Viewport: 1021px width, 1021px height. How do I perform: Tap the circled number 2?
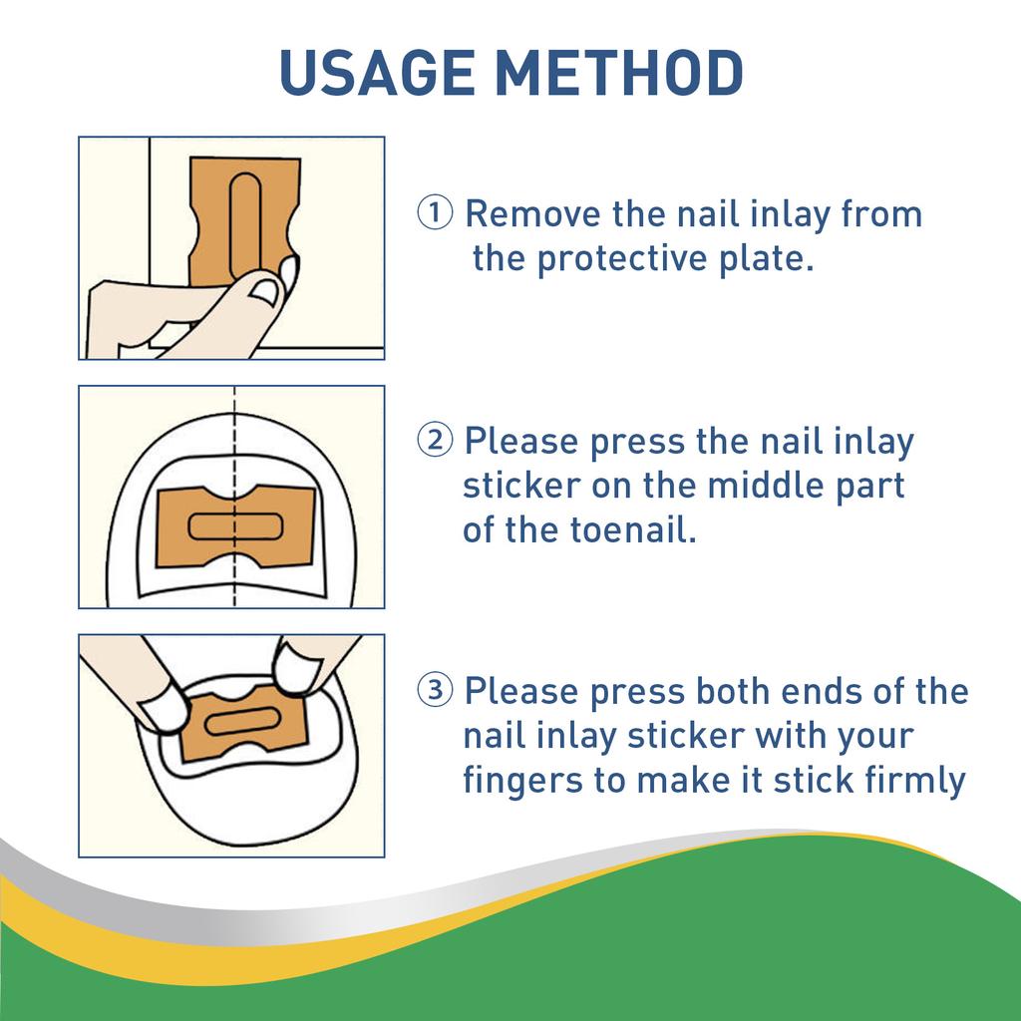coord(436,440)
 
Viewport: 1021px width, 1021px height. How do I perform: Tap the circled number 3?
coord(436,690)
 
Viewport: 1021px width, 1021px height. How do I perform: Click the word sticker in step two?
coord(521,486)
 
